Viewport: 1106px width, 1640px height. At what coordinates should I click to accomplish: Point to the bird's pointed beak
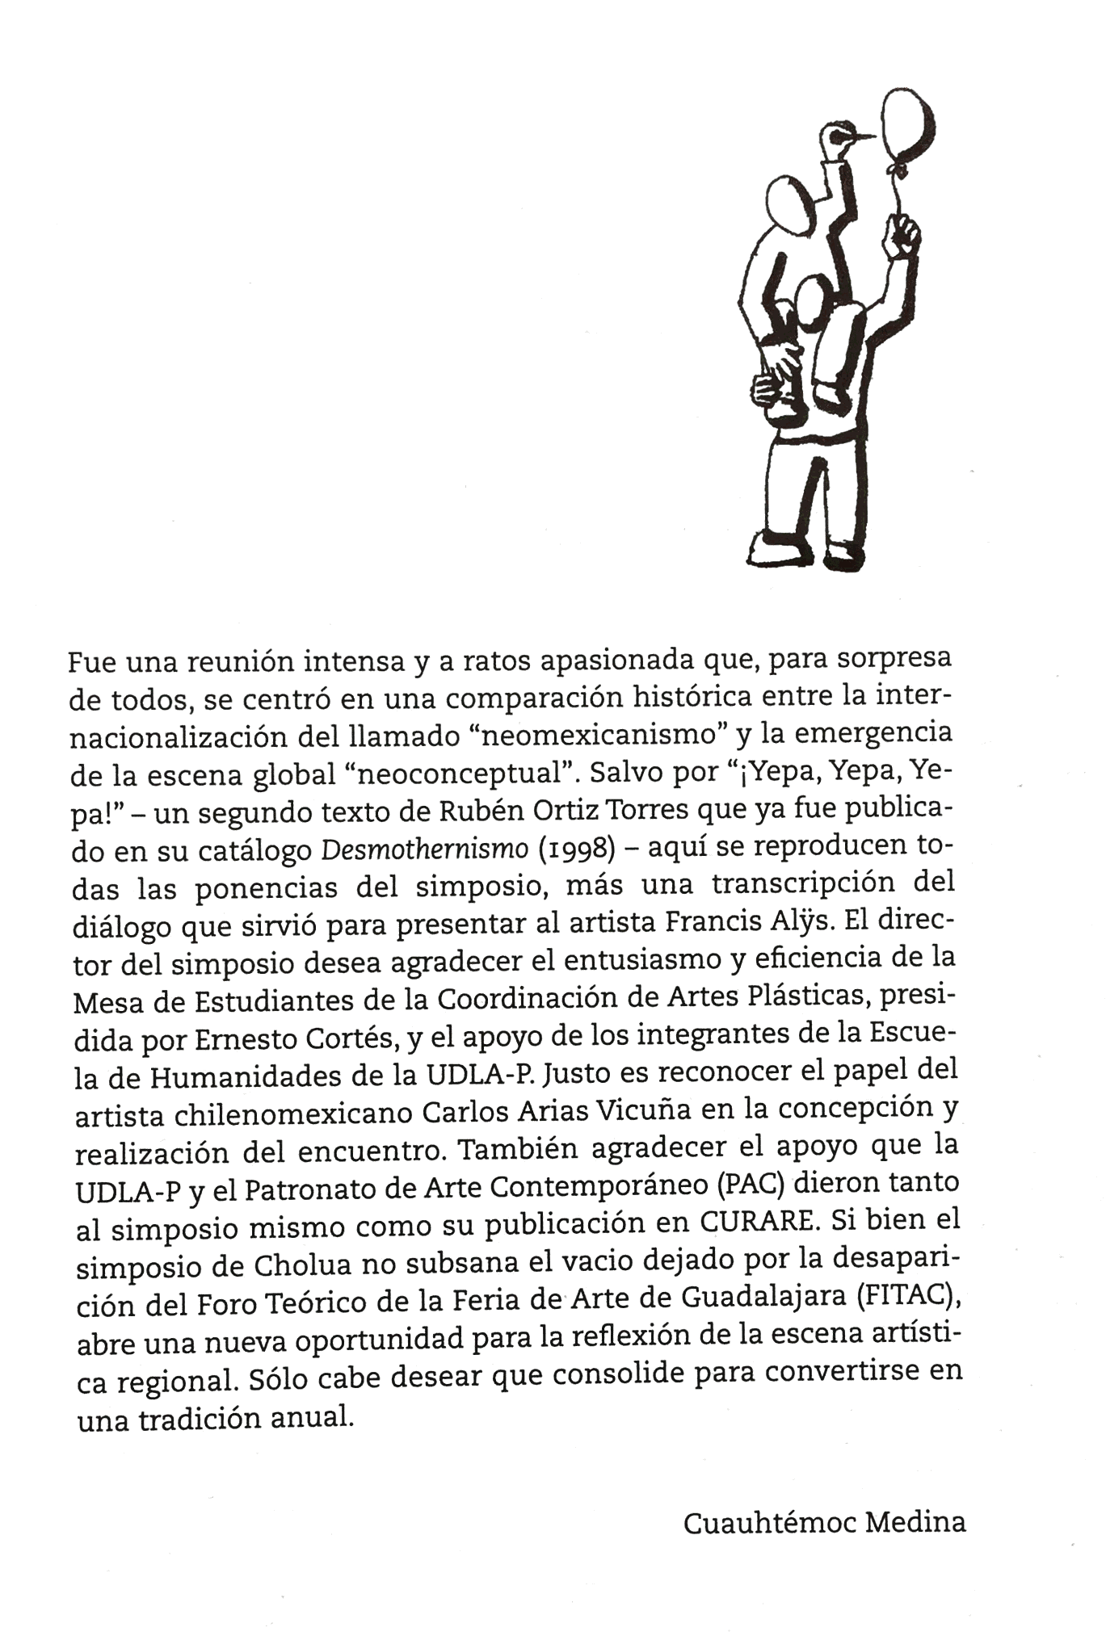click(x=862, y=137)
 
